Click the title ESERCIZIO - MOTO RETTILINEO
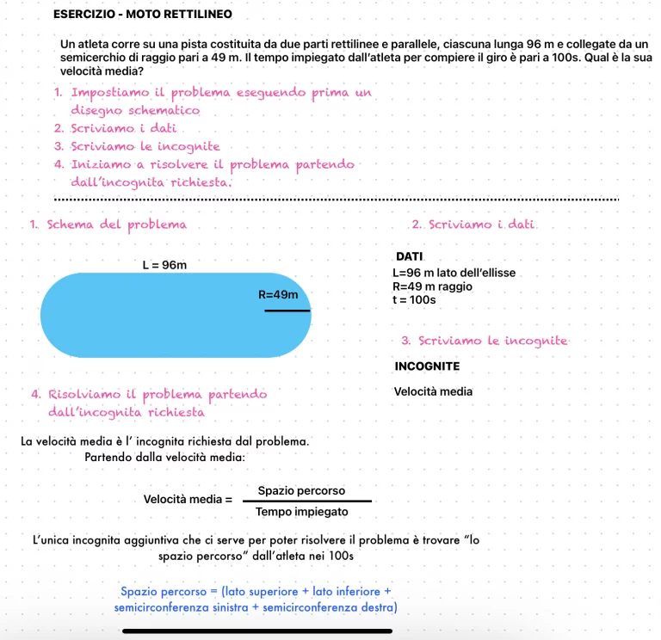[x=142, y=15]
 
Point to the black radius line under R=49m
[x=287, y=311]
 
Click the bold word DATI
[x=405, y=257]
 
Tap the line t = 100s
[x=414, y=300]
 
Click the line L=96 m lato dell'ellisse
[x=453, y=273]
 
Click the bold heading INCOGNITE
[x=427, y=366]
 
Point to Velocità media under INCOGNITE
[x=433, y=391]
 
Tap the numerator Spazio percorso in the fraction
[x=301, y=490]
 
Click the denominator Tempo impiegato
[x=301, y=512]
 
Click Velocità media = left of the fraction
[x=188, y=500]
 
